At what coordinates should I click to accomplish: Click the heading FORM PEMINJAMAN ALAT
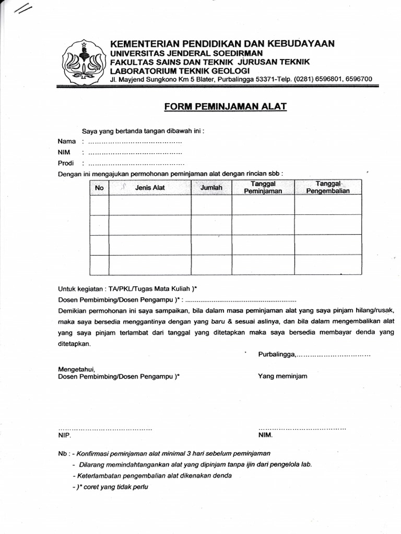point(226,107)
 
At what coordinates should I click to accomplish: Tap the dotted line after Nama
point(135,142)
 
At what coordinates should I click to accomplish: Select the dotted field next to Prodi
point(135,164)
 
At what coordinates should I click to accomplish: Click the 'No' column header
point(99,188)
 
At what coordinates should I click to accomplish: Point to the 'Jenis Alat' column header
point(150,188)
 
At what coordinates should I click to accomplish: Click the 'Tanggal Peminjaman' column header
point(263,188)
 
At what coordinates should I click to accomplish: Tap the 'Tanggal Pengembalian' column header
point(328,188)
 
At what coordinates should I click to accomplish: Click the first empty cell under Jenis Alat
point(150,204)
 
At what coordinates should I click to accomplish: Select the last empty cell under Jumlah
point(211,264)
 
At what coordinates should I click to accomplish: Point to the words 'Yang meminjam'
point(282,376)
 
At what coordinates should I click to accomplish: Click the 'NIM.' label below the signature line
point(265,435)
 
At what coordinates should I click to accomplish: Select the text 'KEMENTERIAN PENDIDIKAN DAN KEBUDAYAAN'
point(222,43)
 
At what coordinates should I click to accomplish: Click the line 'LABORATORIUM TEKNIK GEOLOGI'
point(180,70)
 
